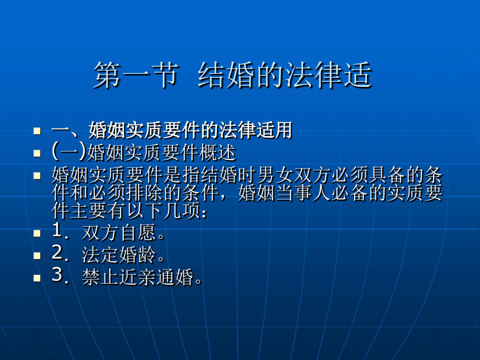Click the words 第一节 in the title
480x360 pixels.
coord(136,75)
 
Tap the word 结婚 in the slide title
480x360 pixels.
coord(227,75)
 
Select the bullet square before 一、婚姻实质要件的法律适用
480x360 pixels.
coord(37,131)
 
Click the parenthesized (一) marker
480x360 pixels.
coord(69,151)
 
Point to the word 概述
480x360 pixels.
coord(218,152)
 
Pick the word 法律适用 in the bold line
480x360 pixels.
coord(256,130)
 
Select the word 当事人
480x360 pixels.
coord(303,193)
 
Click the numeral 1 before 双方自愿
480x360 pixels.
coord(58,230)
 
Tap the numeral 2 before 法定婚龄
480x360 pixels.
coord(58,253)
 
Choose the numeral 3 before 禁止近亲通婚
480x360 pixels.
coord(58,275)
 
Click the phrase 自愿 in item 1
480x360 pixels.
coord(138,233)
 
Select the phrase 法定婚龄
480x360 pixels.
coord(119,255)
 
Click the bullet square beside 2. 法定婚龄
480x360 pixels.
coord(37,255)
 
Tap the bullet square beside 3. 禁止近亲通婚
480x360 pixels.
coord(37,277)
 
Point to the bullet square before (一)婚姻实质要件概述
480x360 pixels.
coord(37,153)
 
